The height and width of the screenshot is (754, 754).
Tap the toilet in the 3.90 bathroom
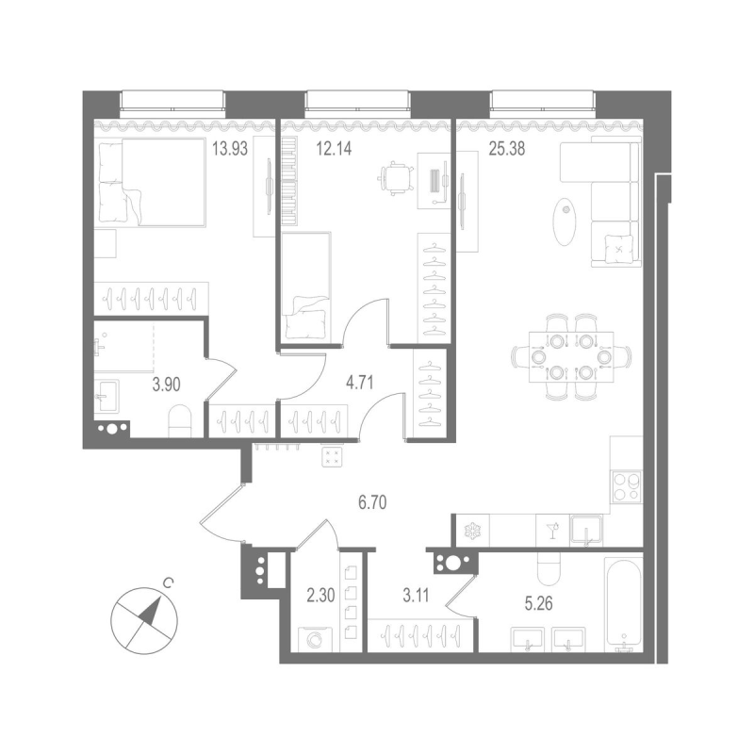point(178,420)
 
